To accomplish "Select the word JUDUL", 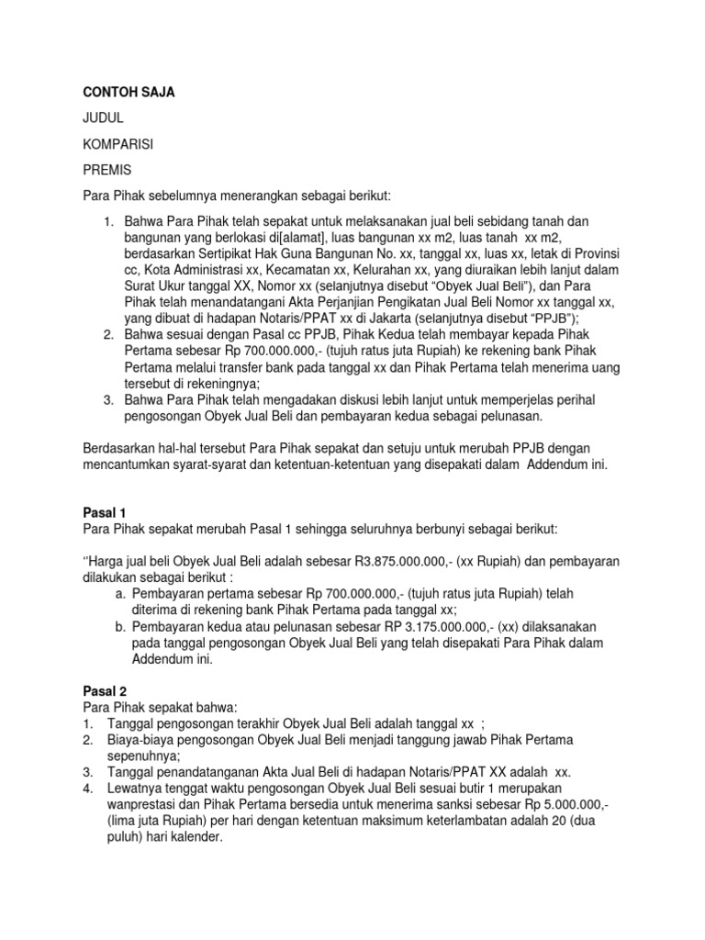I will pyautogui.click(x=103, y=118).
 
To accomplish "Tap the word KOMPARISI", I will pyautogui.click(x=118, y=144).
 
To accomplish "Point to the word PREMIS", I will pyautogui.click(x=107, y=170).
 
